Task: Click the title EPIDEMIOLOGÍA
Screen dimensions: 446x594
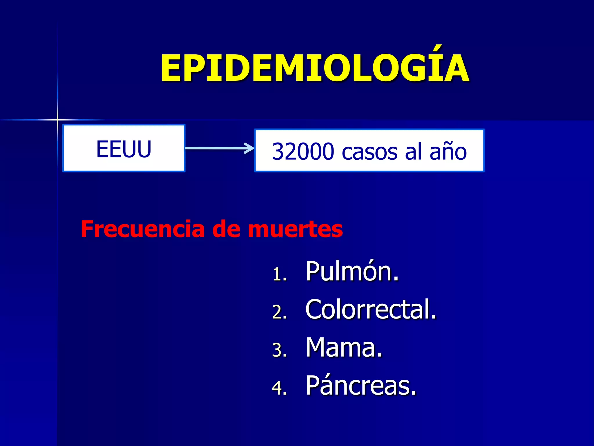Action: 315,69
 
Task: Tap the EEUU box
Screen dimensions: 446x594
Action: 124,148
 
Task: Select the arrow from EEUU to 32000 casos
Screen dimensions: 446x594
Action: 219,148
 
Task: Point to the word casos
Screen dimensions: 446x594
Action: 370,152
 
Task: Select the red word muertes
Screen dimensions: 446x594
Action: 295,229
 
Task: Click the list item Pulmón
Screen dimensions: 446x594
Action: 352,271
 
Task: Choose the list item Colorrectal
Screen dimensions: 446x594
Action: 371,309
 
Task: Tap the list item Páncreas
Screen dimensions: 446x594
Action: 361,386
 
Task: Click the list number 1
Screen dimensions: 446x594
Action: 279,274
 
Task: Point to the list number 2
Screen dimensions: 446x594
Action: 279,312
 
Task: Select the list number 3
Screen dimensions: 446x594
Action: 279,350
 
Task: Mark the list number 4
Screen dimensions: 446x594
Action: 279,388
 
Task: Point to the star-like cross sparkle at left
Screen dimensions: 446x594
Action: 57,120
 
